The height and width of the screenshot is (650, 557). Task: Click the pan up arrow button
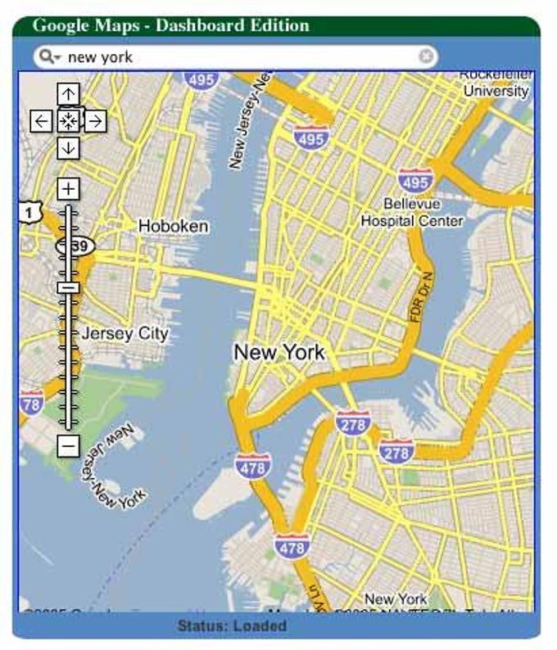click(68, 94)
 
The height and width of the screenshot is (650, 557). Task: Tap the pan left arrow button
click(41, 122)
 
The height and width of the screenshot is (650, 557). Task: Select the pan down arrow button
click(68, 148)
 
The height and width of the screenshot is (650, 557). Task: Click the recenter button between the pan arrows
click(68, 122)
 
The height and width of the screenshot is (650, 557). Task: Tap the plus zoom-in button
click(68, 189)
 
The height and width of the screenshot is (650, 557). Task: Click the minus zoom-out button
click(68, 446)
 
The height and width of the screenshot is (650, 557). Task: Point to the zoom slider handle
click(68, 287)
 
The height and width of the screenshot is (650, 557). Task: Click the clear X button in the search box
click(426, 56)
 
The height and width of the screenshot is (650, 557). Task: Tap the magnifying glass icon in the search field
click(48, 56)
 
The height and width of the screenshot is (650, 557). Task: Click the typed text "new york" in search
click(100, 56)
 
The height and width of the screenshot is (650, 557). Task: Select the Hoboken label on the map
click(173, 225)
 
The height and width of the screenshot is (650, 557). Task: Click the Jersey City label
click(125, 333)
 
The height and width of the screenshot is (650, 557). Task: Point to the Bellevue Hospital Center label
click(412, 212)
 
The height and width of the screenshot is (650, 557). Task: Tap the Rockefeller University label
click(496, 84)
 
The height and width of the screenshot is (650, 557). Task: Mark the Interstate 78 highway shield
click(32, 403)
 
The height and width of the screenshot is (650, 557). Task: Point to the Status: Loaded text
click(232, 626)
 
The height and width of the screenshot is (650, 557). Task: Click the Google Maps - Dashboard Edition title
click(170, 25)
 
